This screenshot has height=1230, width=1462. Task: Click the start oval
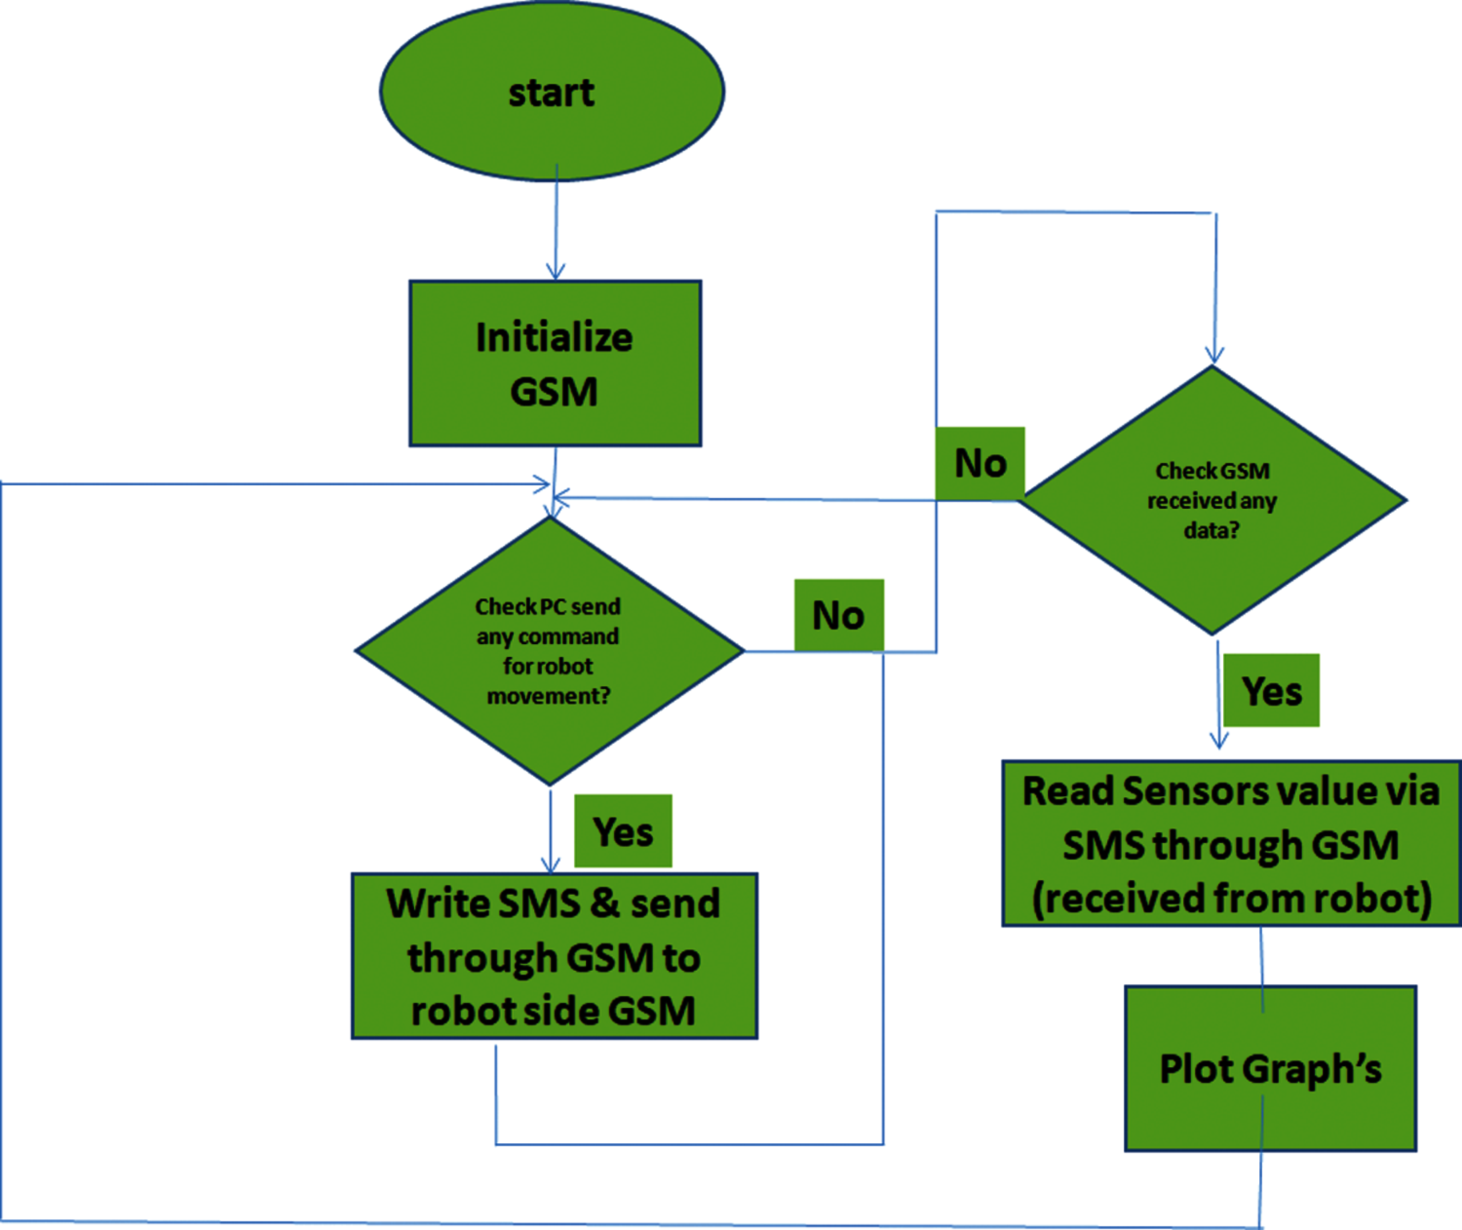552,91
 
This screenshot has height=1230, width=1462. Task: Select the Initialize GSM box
555,363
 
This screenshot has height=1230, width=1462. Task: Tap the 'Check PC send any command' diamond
549,651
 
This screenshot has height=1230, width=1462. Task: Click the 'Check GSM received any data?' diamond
1212,500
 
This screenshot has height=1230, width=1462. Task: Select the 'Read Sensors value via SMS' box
1231,844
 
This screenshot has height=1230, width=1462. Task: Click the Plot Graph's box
1270,1068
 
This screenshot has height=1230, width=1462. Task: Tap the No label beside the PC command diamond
839,615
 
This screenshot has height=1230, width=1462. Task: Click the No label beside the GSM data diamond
980,463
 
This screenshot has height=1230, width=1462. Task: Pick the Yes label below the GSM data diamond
1271,691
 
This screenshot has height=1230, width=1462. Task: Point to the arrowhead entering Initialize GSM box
556,273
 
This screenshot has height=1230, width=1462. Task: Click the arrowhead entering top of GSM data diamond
1214,357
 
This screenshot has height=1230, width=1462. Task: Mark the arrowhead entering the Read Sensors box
1219,741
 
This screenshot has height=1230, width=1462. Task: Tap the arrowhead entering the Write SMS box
551,865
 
